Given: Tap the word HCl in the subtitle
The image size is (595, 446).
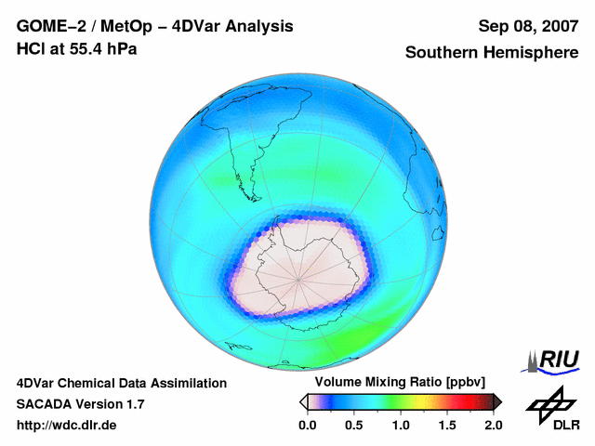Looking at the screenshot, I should (30, 47).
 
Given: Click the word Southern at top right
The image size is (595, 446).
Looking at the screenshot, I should (444, 53).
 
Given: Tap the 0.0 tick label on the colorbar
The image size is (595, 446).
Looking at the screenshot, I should (307, 425).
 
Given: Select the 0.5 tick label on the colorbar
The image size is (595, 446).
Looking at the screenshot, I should (353, 425).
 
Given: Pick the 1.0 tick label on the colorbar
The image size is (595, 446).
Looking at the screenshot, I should (401, 425).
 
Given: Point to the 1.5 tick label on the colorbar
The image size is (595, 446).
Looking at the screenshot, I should (447, 425).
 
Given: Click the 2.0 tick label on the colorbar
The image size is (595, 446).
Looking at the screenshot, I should (493, 425).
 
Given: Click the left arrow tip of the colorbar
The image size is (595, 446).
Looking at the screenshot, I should (302, 401).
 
